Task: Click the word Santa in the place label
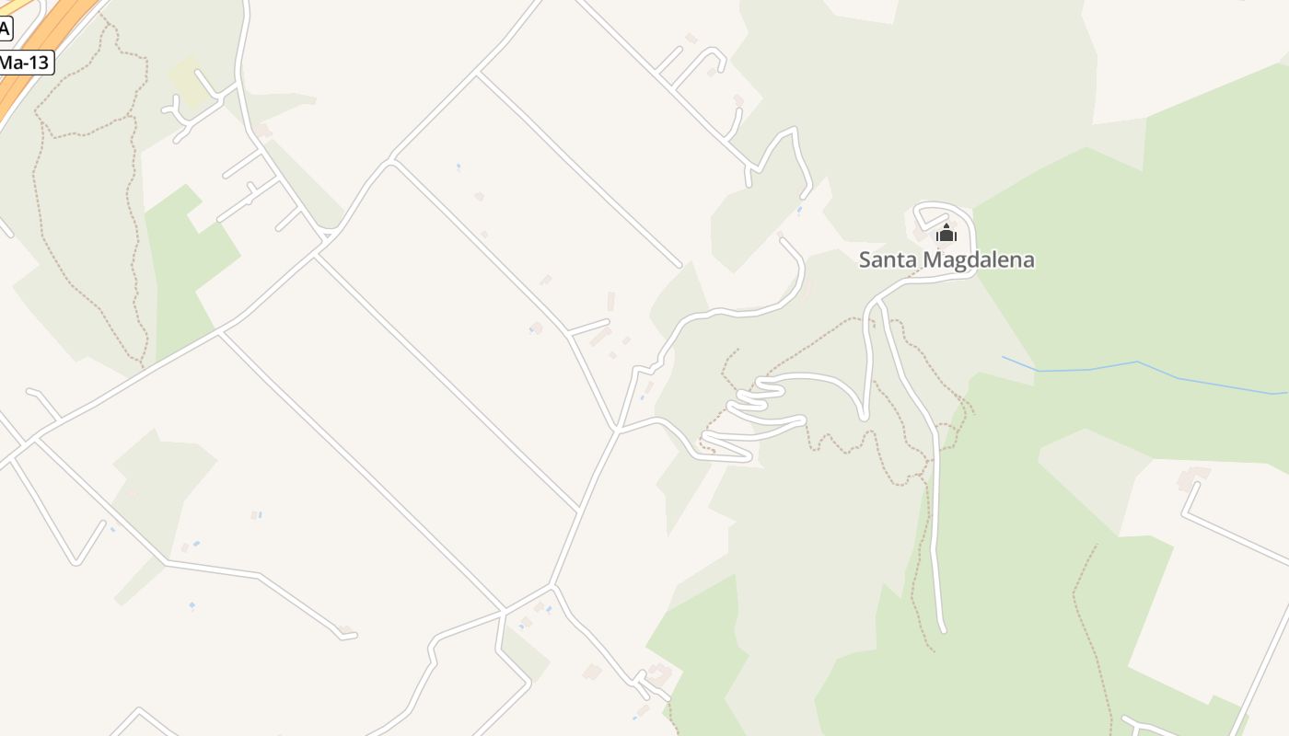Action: tap(888, 260)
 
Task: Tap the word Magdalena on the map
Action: tap(978, 260)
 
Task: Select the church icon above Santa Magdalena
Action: tap(946, 233)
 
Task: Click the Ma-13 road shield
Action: tap(25, 63)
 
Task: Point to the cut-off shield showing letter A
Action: tap(5, 29)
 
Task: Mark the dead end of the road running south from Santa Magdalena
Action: tap(943, 630)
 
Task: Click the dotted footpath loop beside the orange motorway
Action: tap(87, 184)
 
